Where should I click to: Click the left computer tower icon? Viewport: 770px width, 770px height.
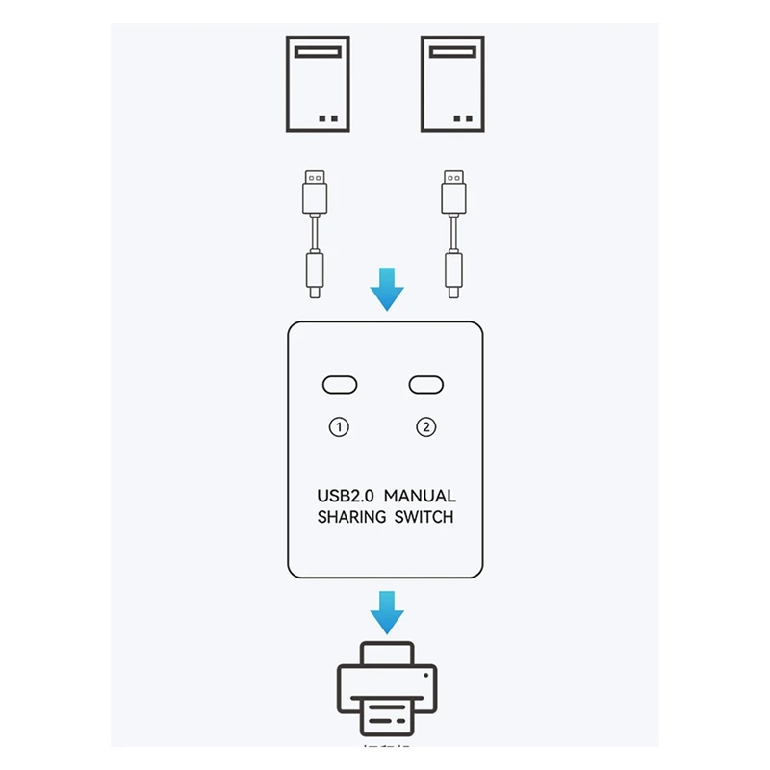(x=318, y=84)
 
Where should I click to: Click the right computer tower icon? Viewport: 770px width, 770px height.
(x=452, y=84)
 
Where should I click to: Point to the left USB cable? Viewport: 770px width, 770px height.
(x=314, y=232)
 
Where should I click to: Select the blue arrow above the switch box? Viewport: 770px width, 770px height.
(x=387, y=289)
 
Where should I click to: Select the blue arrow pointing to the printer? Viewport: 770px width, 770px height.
(x=387, y=612)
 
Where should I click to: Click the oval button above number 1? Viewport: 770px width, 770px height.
(x=339, y=385)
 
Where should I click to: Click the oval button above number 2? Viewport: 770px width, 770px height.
(x=426, y=385)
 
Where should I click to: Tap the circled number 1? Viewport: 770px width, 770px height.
(x=339, y=427)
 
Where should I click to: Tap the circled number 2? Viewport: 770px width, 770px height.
(x=426, y=427)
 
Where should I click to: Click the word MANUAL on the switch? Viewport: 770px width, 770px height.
(x=420, y=496)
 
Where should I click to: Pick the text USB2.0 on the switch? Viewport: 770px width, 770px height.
(x=345, y=496)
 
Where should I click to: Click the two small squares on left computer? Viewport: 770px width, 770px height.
(x=327, y=119)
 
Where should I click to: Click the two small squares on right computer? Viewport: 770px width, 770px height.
(x=462, y=119)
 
